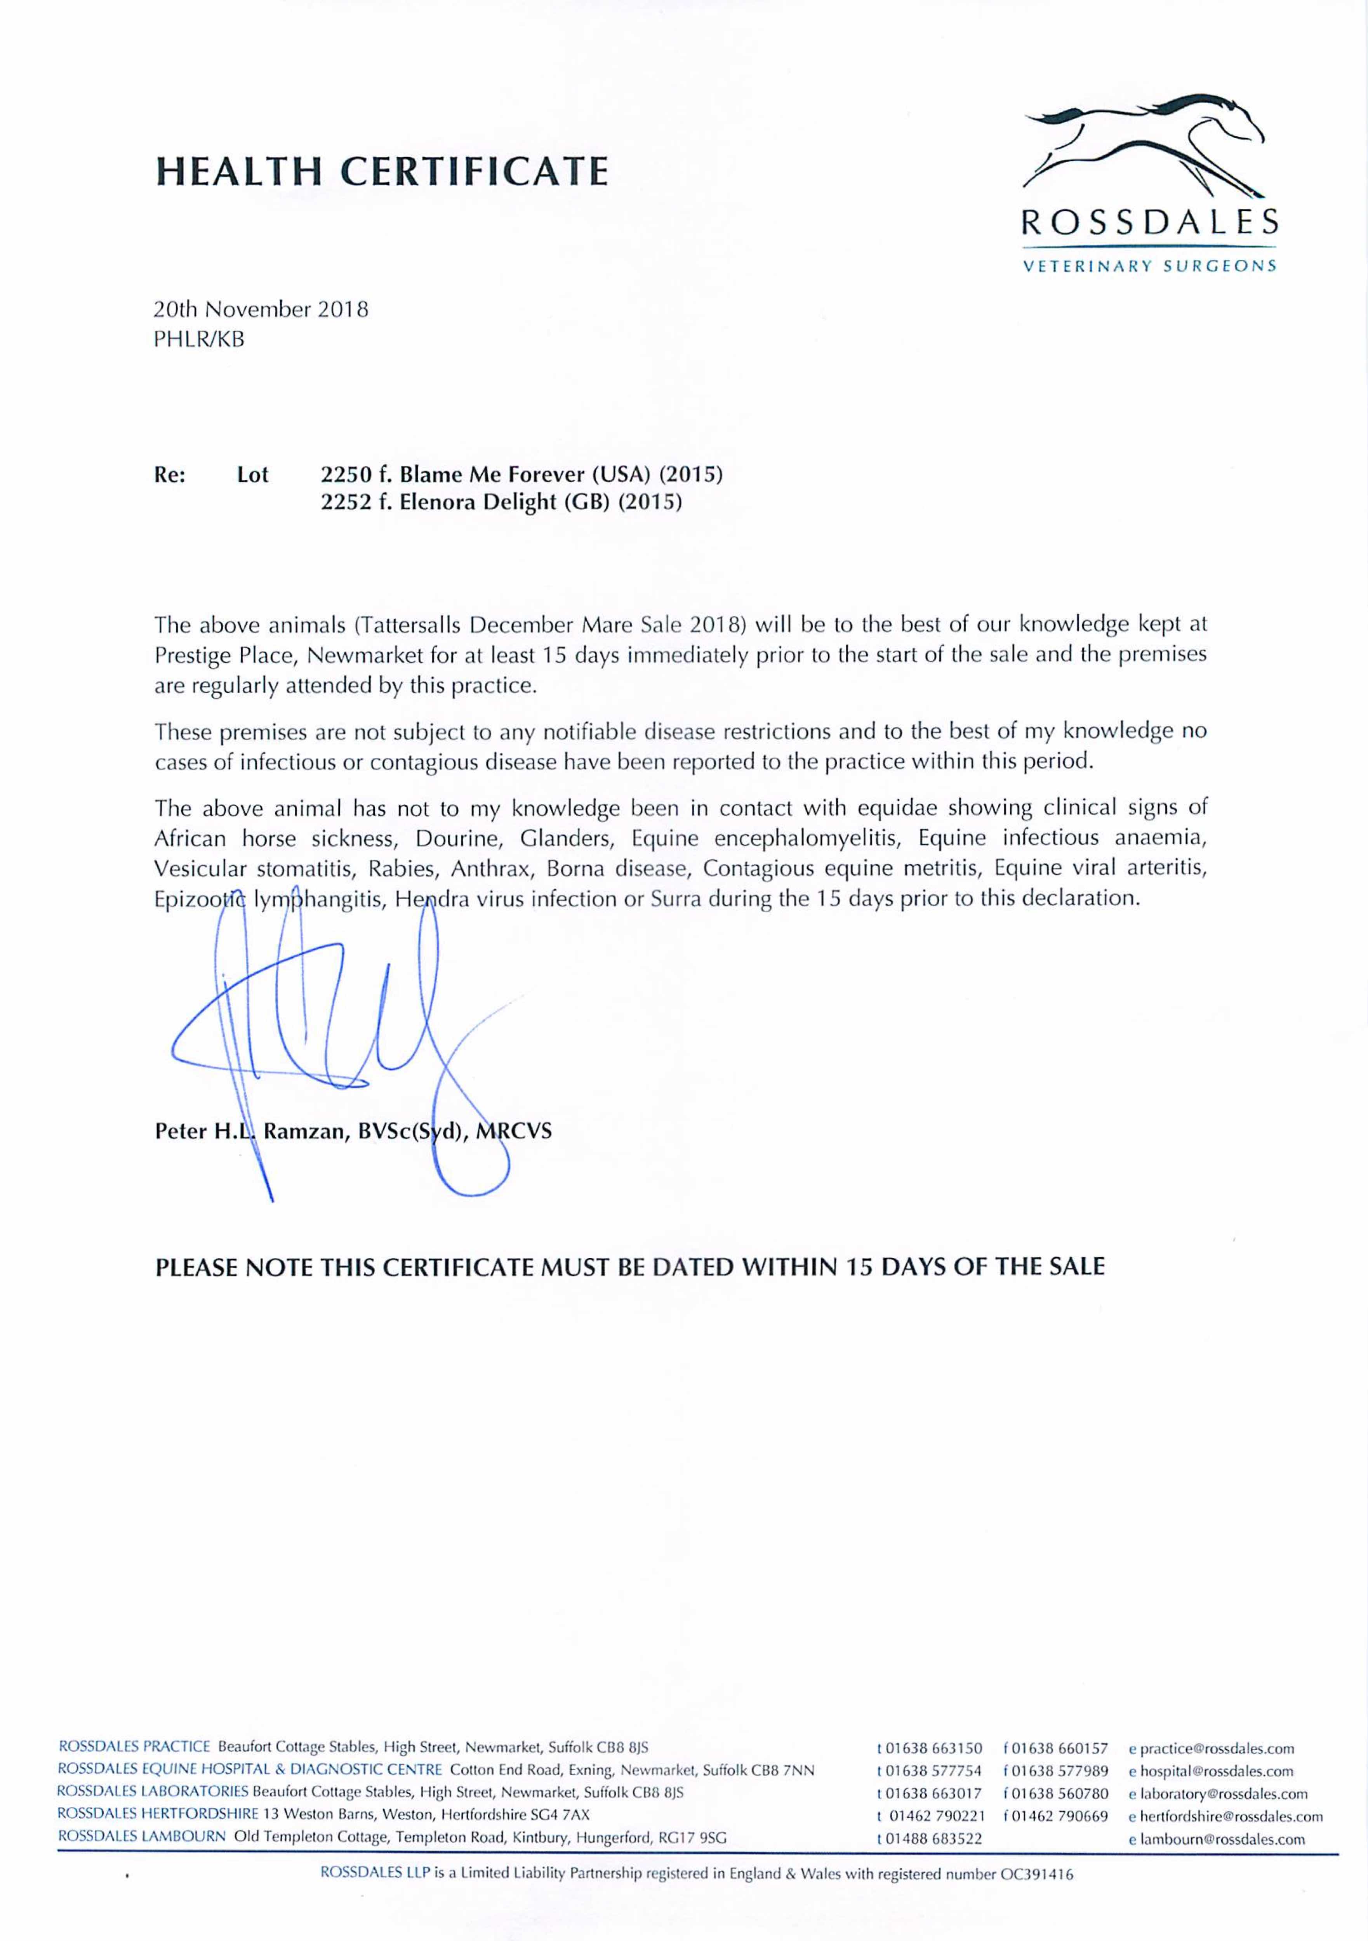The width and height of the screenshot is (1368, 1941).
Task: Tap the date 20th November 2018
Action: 261,309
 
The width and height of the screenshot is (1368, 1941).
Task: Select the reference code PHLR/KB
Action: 199,340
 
